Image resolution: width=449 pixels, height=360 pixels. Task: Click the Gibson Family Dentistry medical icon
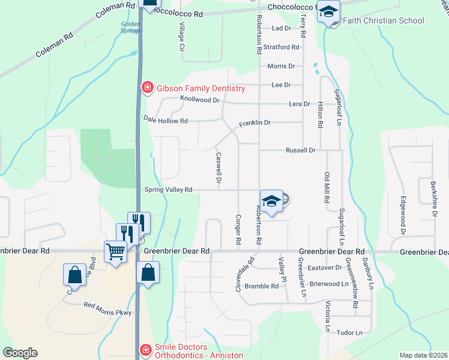146,89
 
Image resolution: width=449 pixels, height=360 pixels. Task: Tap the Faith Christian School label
384,21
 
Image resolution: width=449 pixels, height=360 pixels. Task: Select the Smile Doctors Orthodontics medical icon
145,350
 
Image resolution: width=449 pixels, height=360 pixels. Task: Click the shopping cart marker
115,251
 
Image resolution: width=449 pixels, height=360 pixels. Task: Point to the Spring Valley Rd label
168,190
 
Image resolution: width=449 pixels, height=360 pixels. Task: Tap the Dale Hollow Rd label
166,121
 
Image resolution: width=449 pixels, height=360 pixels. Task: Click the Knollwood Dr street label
200,100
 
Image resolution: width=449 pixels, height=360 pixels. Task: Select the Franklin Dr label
255,123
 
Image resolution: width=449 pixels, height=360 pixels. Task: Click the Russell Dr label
300,150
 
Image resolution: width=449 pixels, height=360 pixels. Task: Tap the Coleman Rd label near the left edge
54,45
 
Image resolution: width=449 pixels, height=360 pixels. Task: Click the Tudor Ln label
350,332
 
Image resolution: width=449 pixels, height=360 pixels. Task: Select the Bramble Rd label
262,286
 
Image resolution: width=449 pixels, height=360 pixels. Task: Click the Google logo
20,353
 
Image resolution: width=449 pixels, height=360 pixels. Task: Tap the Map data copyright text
423,355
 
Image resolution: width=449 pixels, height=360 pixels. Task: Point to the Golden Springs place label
131,28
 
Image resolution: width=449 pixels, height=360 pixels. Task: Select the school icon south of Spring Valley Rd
271,202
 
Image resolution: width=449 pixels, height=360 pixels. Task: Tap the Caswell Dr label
219,168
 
